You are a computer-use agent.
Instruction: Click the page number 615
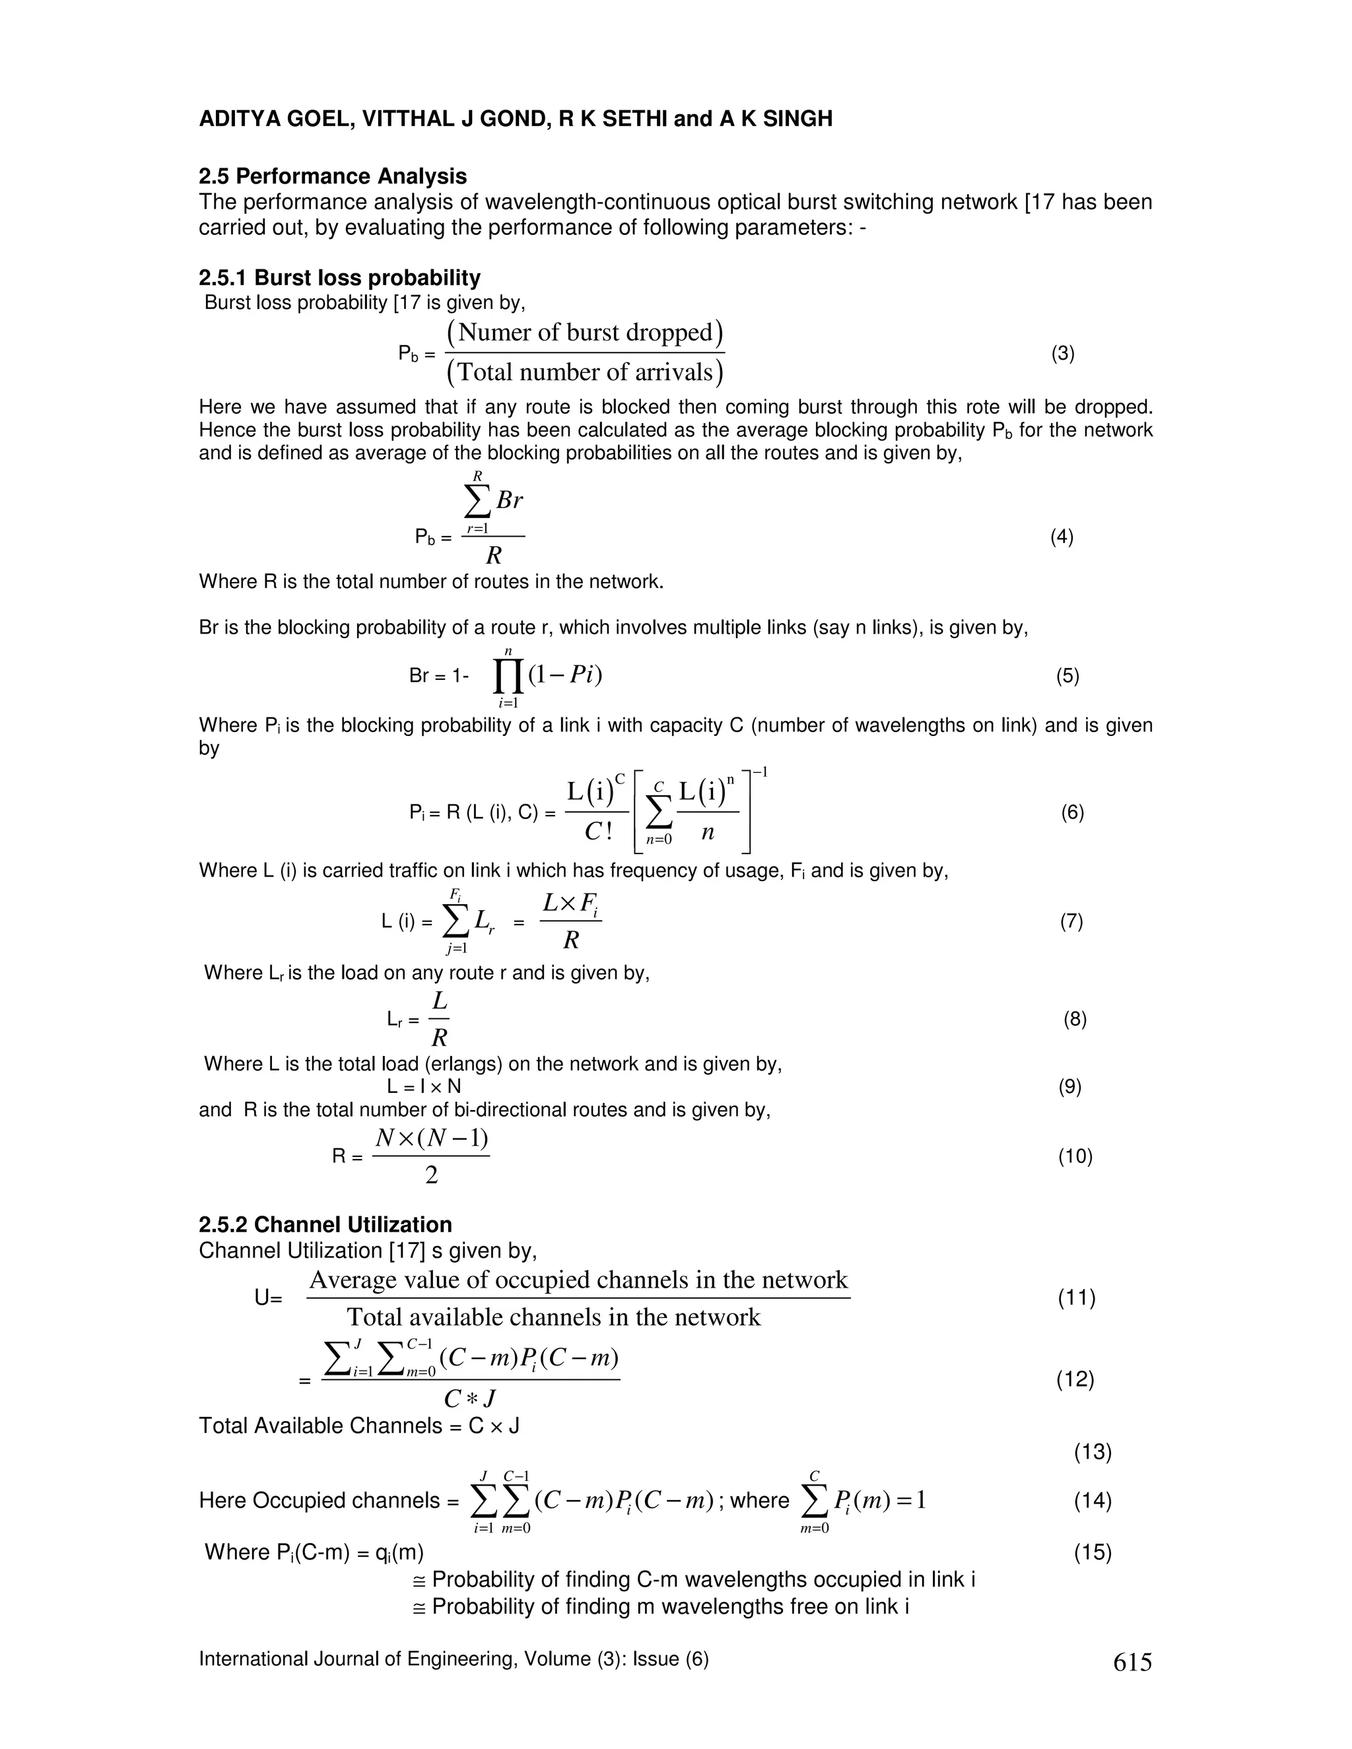pyautogui.click(x=1132, y=1663)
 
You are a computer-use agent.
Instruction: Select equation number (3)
pyautogui.click(x=1062, y=354)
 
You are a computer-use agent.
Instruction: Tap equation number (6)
pyautogui.click(x=1073, y=813)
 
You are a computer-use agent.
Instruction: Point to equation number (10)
pyautogui.click(x=1075, y=1156)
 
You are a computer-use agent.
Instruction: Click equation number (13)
pyautogui.click(x=1093, y=1452)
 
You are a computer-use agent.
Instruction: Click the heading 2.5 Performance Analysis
pyautogui.click(x=333, y=176)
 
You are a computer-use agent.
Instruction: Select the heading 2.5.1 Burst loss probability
pyautogui.click(x=339, y=278)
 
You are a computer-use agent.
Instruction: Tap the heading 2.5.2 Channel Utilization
pyautogui.click(x=325, y=1224)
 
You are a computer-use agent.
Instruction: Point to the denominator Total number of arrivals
pyautogui.click(x=585, y=372)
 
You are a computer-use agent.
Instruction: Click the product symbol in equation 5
pyautogui.click(x=508, y=676)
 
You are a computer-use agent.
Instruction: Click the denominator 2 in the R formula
pyautogui.click(x=432, y=1175)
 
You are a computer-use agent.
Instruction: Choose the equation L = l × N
pyautogui.click(x=424, y=1087)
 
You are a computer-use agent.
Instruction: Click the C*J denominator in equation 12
pyautogui.click(x=470, y=1399)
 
